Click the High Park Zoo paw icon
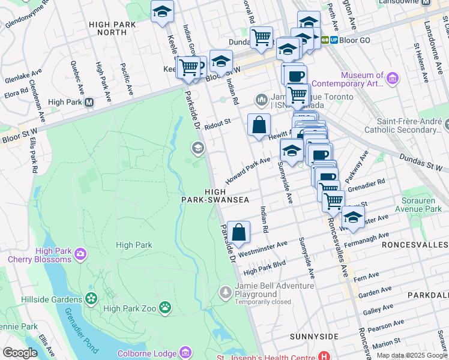(165, 308)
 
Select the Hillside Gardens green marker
(91, 298)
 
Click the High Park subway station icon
(89, 103)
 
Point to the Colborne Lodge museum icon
(185, 352)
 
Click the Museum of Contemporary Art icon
(393, 78)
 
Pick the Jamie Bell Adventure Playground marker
(225, 292)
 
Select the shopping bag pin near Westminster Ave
(238, 232)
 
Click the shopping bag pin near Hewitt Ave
(259, 125)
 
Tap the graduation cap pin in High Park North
(161, 12)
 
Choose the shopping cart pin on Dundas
(261, 38)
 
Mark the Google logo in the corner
(20, 353)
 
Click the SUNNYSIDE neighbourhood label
(314, 337)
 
